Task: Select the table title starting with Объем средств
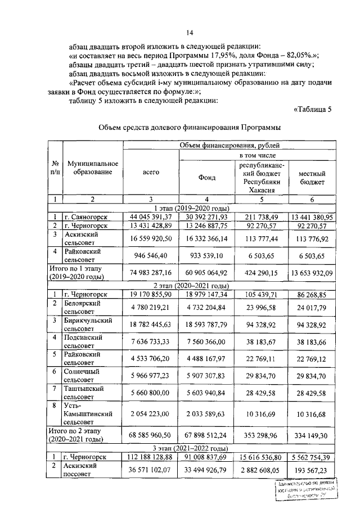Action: click(x=190, y=128)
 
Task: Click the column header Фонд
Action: click(x=206, y=178)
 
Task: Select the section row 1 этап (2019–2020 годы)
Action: click(x=190, y=208)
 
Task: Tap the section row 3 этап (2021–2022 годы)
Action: click(x=190, y=448)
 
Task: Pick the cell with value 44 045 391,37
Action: click(x=150, y=217)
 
